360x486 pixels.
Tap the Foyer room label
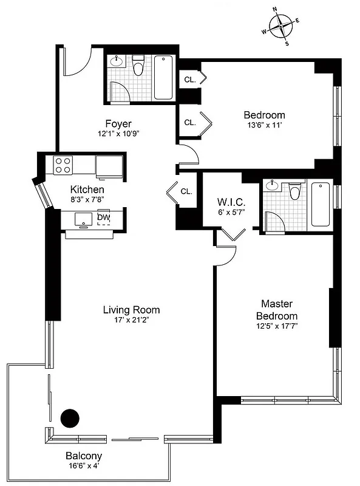click(118, 124)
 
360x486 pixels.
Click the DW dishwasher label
click(103, 217)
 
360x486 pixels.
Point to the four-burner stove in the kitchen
click(63, 164)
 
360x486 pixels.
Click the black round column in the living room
click(70, 417)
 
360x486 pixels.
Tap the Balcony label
click(84, 456)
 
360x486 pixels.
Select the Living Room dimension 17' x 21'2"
click(131, 320)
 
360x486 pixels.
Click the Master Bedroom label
click(277, 309)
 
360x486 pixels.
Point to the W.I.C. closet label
click(230, 202)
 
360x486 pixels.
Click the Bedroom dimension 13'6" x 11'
click(264, 126)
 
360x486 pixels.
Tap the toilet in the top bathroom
click(138, 66)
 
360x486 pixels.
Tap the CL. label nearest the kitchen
click(186, 191)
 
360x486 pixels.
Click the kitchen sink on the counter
click(83, 219)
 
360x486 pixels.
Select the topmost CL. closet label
click(189, 80)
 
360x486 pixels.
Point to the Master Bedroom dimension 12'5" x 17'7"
click(277, 326)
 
